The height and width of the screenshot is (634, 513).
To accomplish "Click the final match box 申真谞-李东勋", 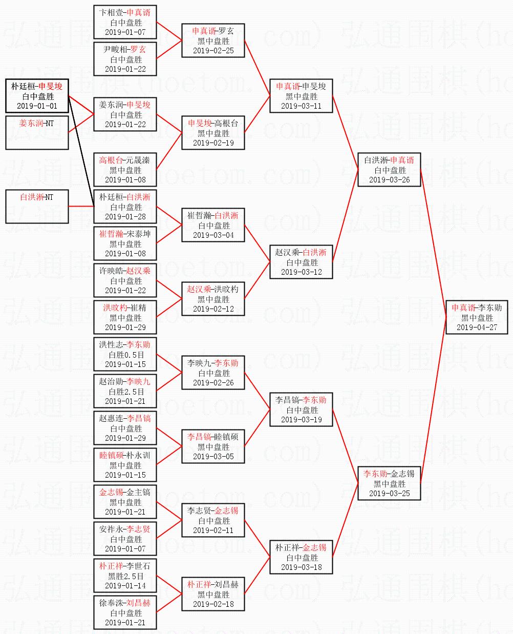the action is (477, 317).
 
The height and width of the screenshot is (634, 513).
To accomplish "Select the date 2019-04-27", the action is (477, 327).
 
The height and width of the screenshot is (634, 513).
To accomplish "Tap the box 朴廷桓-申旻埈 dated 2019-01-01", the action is (37, 96).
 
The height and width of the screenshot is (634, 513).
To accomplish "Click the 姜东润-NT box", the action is (37, 132).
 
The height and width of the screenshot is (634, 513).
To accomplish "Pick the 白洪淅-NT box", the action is (37, 206).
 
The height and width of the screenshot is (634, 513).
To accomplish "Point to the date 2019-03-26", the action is (389, 179).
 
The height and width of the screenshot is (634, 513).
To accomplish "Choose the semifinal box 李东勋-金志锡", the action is (389, 483).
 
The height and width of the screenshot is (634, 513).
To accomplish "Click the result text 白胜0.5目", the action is (125, 354).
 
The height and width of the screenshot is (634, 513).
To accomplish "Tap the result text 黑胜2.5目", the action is (125, 576).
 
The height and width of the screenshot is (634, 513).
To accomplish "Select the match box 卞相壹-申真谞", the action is (125, 22).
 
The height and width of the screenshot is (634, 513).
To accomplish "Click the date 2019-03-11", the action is (301, 106).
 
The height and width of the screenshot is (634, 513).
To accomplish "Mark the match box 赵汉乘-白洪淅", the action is (301, 262).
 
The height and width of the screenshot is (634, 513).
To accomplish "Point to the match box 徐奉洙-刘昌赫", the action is (125, 612).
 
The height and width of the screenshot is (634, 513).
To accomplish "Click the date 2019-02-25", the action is (213, 50).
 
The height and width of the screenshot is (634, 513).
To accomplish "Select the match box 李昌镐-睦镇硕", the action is (213, 446).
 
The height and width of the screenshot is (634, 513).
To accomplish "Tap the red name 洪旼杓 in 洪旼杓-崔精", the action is (115, 308).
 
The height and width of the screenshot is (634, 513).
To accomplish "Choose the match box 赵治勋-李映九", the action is (125, 391).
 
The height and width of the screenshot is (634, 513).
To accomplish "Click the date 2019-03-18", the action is (301, 567).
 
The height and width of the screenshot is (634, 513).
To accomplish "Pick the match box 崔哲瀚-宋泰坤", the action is (125, 243).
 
